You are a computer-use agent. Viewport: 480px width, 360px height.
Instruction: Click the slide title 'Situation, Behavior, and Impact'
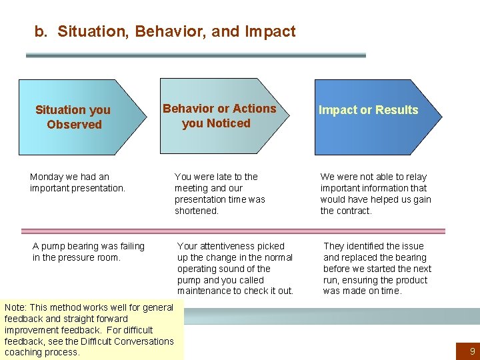pos(176,31)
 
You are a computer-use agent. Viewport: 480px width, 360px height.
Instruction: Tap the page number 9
pos(472,350)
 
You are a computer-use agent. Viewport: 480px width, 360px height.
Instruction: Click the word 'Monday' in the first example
pos(46,177)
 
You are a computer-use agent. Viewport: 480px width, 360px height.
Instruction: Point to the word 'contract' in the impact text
pos(354,211)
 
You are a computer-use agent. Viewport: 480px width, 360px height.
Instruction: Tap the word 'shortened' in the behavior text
pos(197,211)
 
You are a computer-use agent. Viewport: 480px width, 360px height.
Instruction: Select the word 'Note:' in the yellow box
pos(15,307)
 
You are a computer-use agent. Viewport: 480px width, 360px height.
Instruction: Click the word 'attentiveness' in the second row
pos(227,246)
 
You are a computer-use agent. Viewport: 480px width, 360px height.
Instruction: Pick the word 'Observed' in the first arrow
pos(74,125)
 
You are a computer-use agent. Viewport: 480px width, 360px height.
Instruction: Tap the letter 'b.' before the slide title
pos(41,31)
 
